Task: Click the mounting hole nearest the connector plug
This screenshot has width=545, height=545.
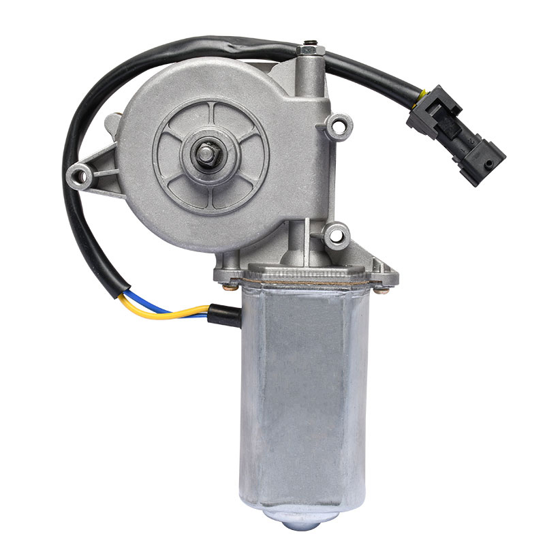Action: point(339,125)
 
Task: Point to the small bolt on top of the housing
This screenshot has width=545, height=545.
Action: point(310,48)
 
